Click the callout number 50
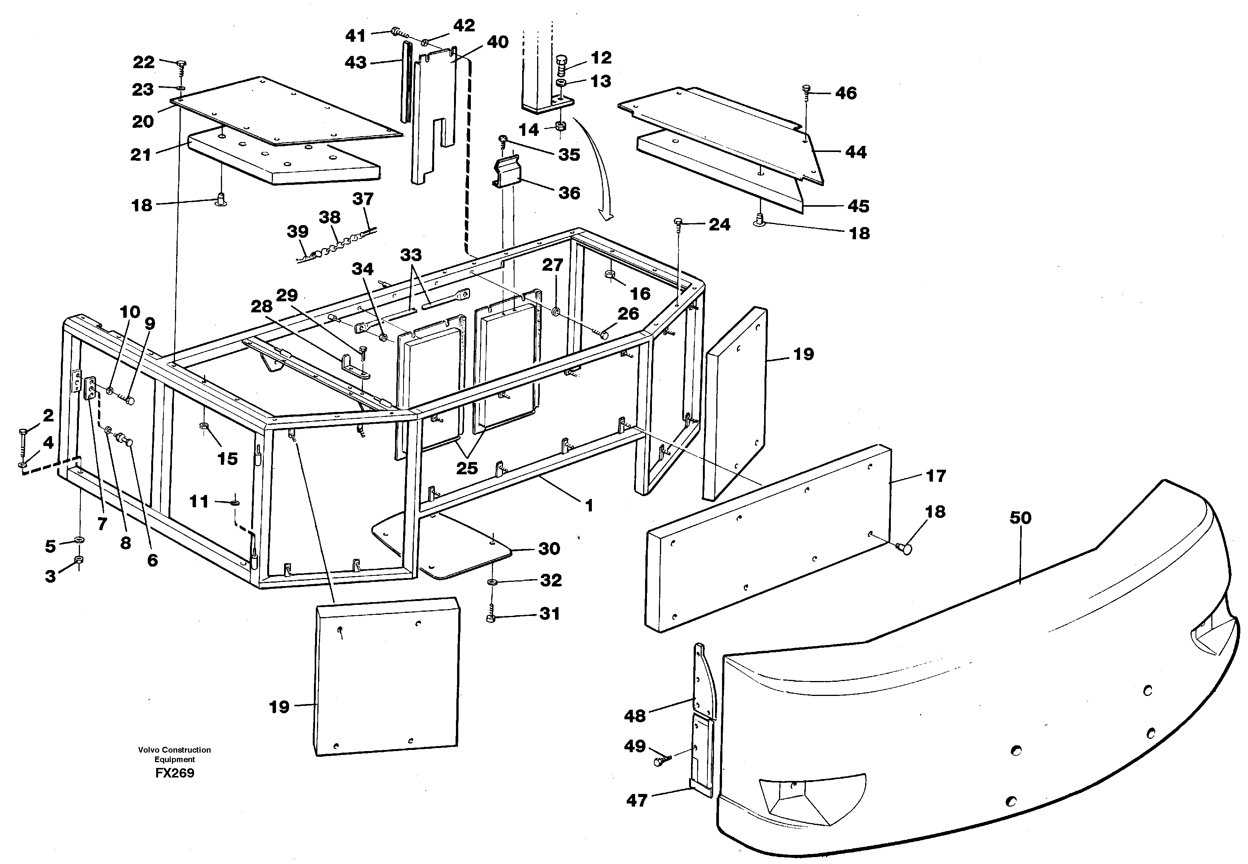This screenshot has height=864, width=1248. (x=1020, y=518)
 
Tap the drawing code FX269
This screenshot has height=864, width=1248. (x=174, y=773)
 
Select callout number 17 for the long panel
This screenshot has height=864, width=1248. (x=936, y=476)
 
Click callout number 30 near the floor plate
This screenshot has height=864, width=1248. (x=549, y=549)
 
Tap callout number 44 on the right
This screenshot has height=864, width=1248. (x=856, y=152)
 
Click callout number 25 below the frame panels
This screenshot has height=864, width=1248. (x=467, y=468)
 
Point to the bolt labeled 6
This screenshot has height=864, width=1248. (x=128, y=442)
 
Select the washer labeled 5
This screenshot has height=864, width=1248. (x=79, y=540)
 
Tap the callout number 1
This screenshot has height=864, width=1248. (x=589, y=506)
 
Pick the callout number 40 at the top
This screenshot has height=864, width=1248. (x=497, y=42)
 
